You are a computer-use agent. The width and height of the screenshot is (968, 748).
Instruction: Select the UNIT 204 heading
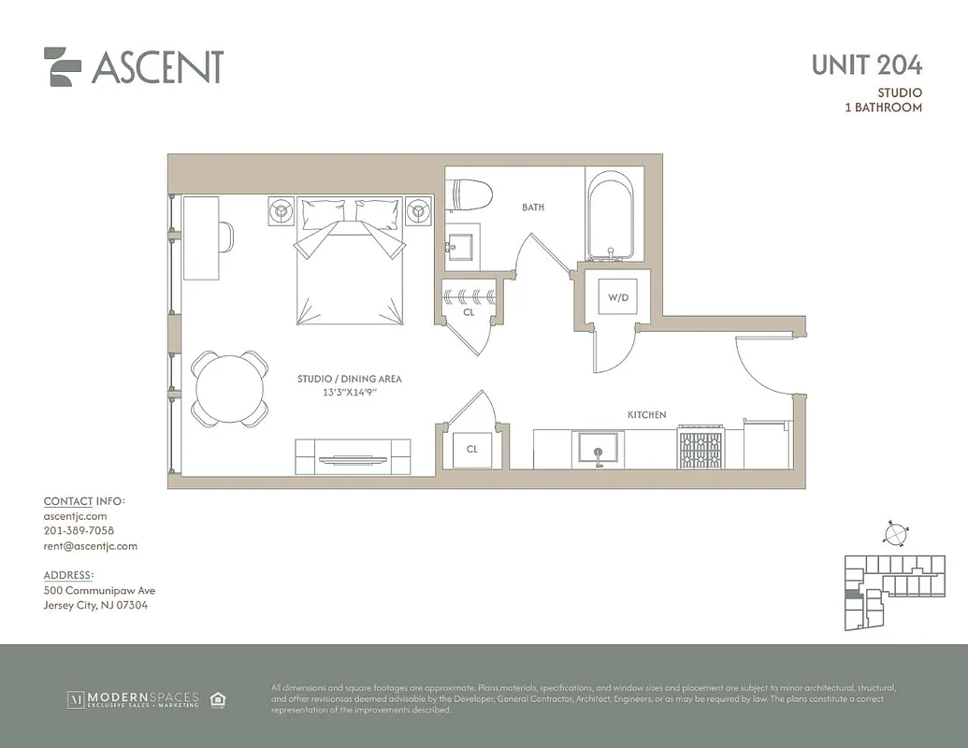[x=866, y=65]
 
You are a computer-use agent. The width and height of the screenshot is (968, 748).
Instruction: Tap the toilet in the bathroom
[x=468, y=196]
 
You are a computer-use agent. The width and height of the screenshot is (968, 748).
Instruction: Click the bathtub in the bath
[x=611, y=216]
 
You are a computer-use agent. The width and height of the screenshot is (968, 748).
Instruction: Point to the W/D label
[x=618, y=297]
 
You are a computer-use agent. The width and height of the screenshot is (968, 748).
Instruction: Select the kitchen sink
[x=598, y=449]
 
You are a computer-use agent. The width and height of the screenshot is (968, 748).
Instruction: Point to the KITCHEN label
[x=646, y=414]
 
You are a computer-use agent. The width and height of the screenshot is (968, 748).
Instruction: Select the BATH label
[x=533, y=208]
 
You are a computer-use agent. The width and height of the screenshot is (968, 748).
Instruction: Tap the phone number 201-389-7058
[x=79, y=531]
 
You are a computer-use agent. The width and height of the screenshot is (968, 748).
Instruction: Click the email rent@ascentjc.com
[x=90, y=546]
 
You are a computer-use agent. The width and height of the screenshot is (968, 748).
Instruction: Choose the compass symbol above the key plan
[x=895, y=534]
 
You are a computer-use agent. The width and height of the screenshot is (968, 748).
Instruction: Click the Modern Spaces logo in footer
[x=132, y=699]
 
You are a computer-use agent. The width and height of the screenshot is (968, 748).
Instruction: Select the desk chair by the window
[x=227, y=236]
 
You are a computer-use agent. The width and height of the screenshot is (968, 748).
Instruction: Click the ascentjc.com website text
[x=75, y=516]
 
